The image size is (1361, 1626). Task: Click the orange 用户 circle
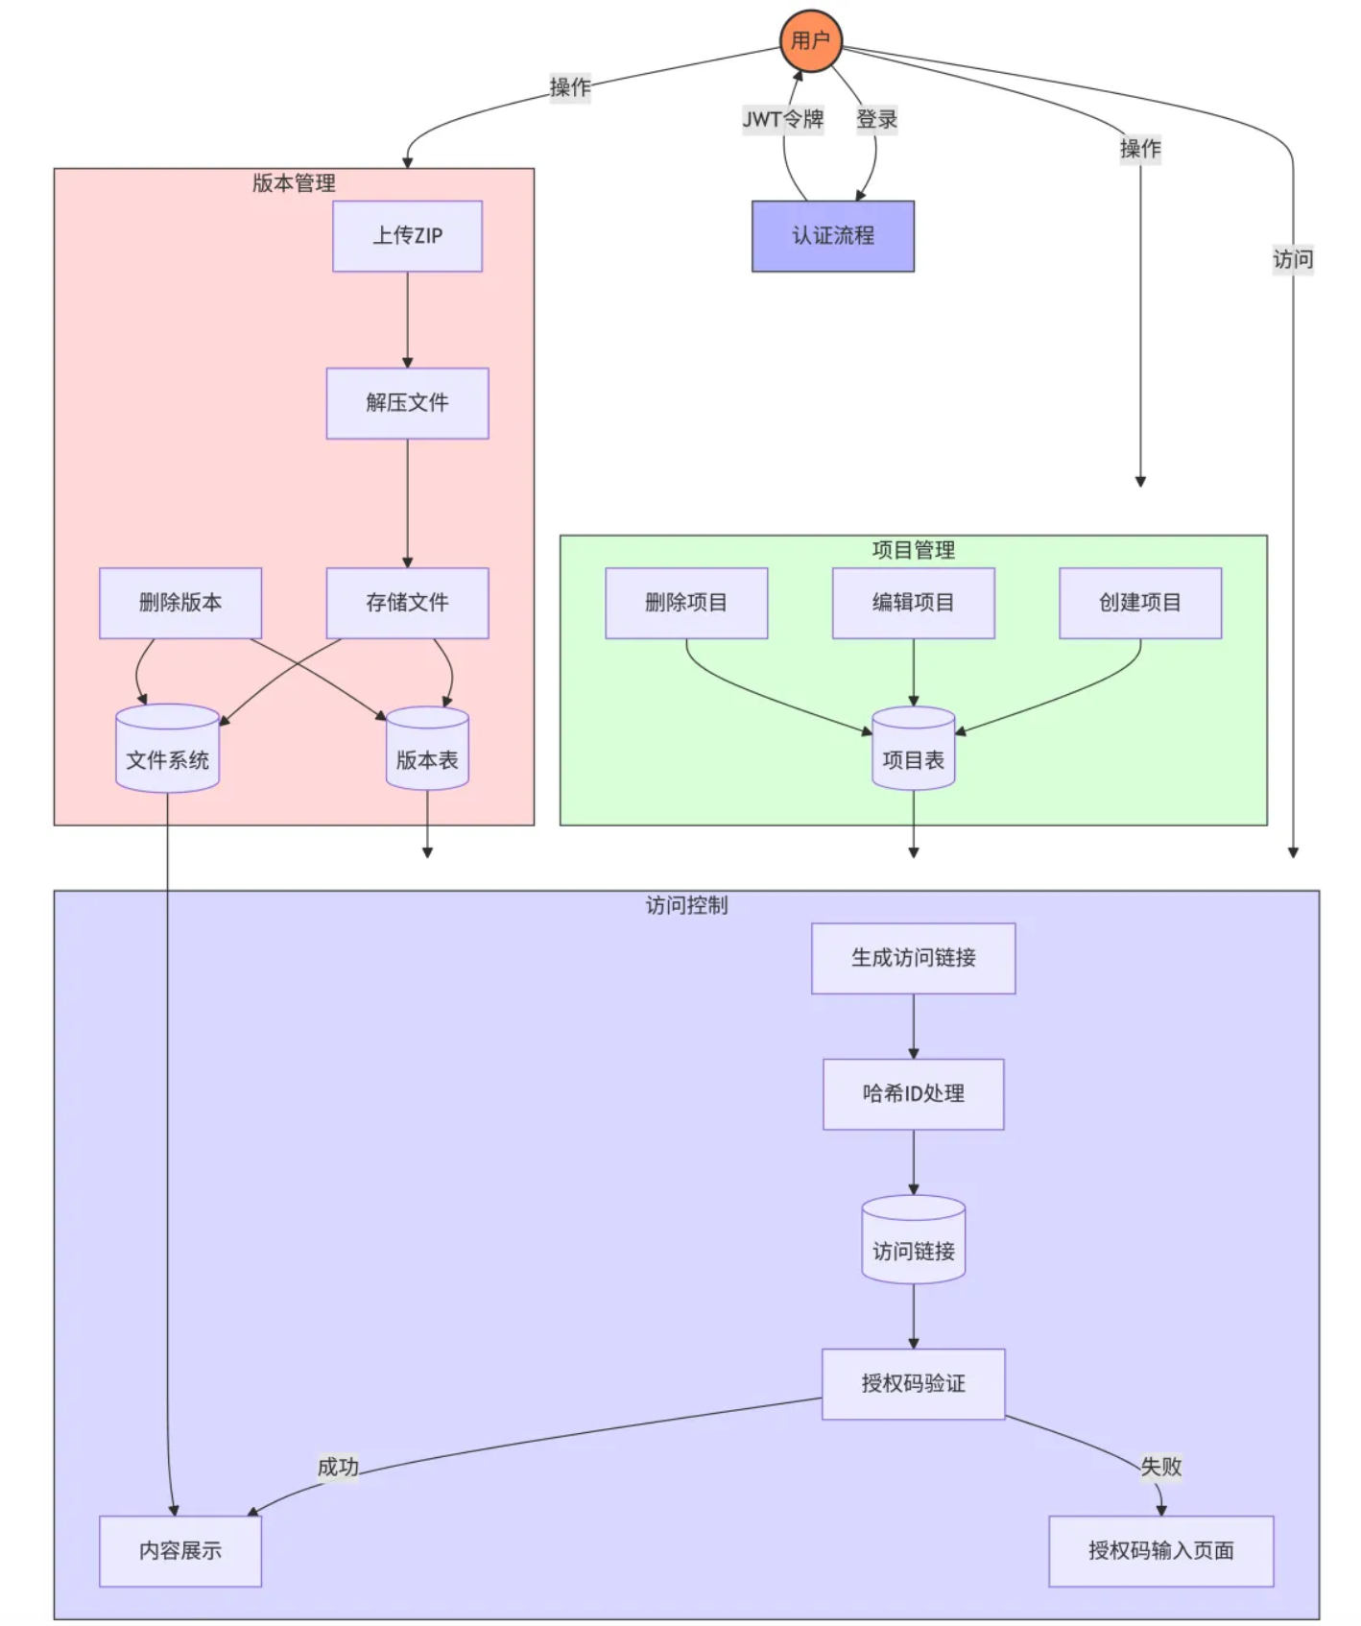pos(810,41)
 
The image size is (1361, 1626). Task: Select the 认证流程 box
pos(832,236)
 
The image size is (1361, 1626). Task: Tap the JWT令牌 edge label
pos(782,119)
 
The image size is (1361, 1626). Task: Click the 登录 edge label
pos(876,119)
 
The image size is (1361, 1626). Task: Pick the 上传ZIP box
pos(407,236)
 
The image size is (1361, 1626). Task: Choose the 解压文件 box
pos(407,403)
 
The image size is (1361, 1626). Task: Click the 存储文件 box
pos(407,603)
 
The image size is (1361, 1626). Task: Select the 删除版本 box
pos(180,603)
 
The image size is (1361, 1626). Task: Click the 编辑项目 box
pos(913,603)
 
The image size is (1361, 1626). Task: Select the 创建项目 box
pos(1139,603)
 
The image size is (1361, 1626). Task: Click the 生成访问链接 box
pos(913,958)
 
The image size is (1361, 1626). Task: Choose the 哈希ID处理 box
pos(913,1094)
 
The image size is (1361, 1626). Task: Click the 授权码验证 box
pos(913,1384)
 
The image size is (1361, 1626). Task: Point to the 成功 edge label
pos(338,1467)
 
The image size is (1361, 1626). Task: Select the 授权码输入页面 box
pos(1160,1551)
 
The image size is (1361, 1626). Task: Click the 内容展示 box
pos(180,1551)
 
